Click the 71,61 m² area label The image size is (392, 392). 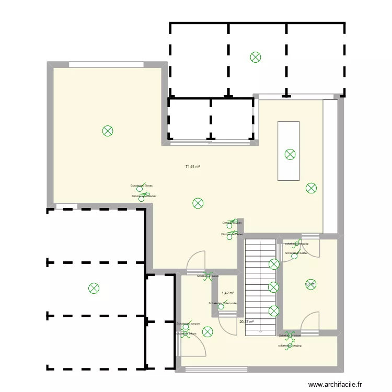pos(193,167)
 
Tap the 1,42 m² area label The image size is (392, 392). pos(228,293)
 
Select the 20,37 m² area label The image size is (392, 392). pos(246,322)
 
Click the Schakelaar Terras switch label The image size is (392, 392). pos(142,186)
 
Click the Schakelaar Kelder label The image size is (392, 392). pos(296,253)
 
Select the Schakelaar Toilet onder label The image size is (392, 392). pos(223,303)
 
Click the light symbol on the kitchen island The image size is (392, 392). pos(290,154)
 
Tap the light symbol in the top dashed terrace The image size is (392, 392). pos(255,57)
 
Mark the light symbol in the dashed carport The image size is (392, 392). pos(94,287)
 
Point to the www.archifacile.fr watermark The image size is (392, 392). pos(335,385)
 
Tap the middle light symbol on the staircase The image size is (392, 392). pos(273,286)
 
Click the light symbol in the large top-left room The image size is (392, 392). pos(107,131)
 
